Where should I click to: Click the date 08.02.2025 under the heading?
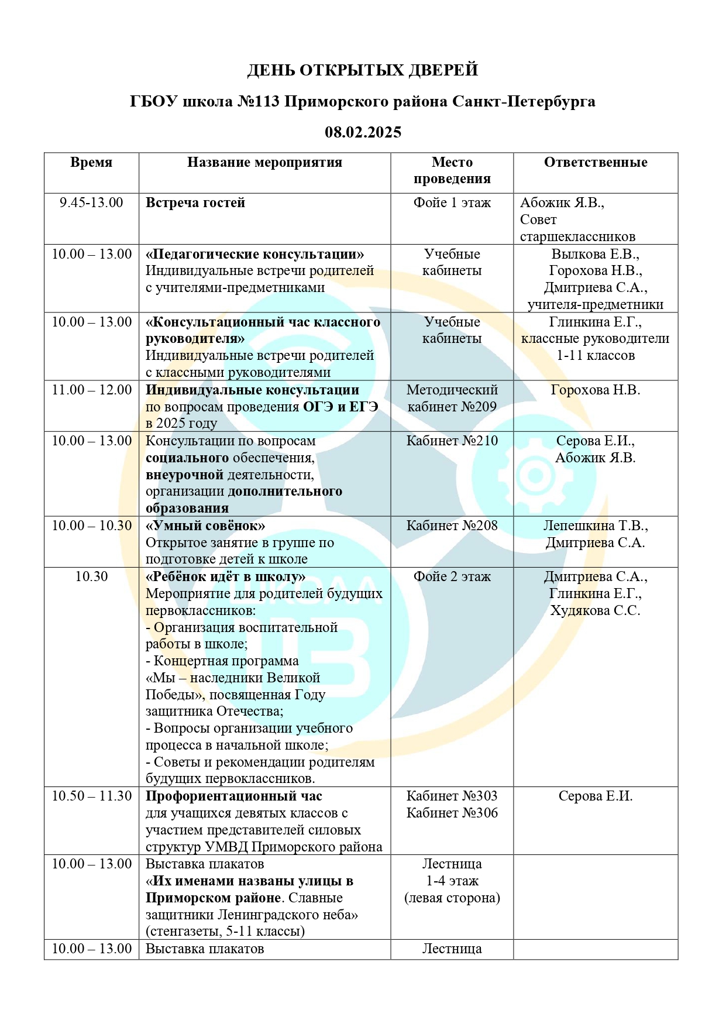363,132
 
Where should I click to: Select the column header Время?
91,163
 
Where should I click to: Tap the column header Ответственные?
596,163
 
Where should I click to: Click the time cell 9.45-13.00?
91,203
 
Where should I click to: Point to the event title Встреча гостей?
195,203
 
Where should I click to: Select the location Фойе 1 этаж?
452,203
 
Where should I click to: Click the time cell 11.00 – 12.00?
91,390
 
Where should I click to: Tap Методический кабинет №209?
452,399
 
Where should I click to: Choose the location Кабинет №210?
452,441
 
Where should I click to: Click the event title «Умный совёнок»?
205,526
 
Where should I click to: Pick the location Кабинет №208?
452,526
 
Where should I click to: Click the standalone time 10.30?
91,577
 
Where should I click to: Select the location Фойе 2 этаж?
452,577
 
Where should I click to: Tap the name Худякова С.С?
595,611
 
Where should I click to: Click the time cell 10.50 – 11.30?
91,796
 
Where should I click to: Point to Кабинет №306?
452,813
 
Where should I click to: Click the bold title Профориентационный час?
233,796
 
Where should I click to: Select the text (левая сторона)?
452,898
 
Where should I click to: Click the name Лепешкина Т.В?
595,526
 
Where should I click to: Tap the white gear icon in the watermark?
532,473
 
